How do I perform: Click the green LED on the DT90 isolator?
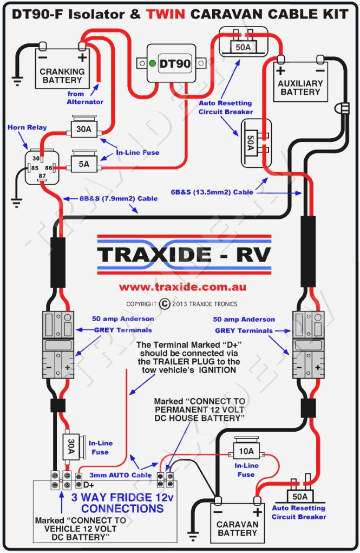pyautogui.click(x=152, y=64)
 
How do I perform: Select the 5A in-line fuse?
pyautogui.click(x=83, y=164)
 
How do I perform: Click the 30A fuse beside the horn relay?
pyautogui.click(x=83, y=129)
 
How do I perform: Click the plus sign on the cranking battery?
pyautogui.click(x=82, y=57)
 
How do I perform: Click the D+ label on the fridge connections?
pyautogui.click(x=88, y=485)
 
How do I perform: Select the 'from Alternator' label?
pyautogui.click(x=84, y=97)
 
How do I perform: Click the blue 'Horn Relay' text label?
pyautogui.click(x=27, y=128)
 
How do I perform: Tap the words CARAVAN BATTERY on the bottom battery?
pyautogui.click(x=237, y=529)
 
